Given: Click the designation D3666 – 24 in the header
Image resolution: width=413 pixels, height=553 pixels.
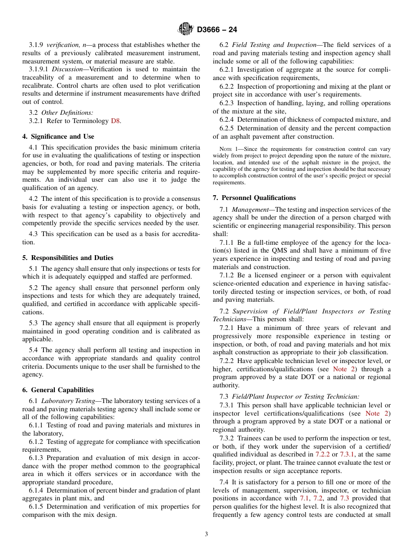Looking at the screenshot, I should (217, 30).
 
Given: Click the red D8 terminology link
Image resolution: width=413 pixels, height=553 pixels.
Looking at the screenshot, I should (115, 121).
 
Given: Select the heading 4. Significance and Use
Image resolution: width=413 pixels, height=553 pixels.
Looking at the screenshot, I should (58, 137).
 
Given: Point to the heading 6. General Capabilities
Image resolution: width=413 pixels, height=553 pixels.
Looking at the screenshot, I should (58, 390).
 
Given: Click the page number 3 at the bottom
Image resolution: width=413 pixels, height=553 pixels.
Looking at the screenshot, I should (206, 534).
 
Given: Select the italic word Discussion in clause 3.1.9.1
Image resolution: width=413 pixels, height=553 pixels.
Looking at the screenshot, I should (68, 69).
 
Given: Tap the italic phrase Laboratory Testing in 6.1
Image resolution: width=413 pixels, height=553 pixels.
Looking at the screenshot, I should (68, 401).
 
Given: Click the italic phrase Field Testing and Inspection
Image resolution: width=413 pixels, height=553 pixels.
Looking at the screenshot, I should (274, 45).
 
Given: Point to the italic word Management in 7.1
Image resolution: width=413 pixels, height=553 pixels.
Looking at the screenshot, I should (246, 210).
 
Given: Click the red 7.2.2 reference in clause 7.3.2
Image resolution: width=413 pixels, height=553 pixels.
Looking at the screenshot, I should (323, 454).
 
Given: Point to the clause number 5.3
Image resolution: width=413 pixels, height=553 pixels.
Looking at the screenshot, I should (34, 323).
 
